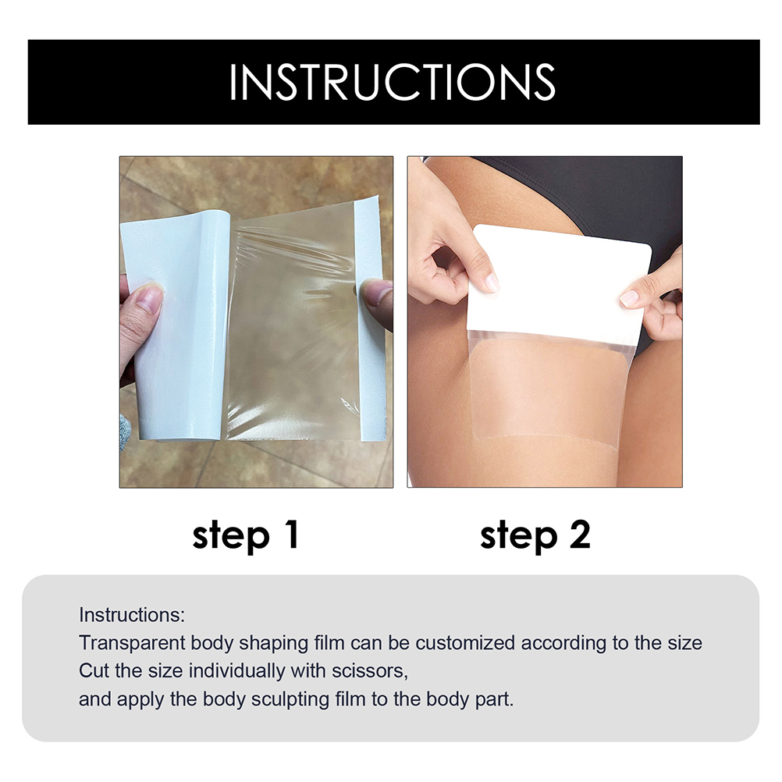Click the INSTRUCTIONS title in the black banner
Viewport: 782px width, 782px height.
point(392,82)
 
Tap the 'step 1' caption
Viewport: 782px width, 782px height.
point(245,535)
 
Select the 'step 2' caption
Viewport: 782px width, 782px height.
point(535,535)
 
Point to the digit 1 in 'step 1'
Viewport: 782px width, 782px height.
point(290,534)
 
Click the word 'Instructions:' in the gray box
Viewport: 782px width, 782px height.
point(132,615)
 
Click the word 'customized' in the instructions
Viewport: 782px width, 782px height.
point(465,643)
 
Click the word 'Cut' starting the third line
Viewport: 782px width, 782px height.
point(94,670)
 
